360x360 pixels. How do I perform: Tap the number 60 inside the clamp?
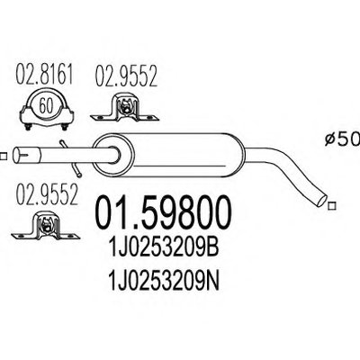coord(46,105)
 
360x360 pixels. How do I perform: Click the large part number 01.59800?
coord(164,213)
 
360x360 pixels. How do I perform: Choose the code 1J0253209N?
coord(165,280)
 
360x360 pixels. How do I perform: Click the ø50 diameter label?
coord(343,139)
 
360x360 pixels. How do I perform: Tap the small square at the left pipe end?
coord(3,157)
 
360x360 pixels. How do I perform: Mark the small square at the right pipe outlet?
coord(331,206)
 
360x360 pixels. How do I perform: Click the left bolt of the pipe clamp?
coord(28,127)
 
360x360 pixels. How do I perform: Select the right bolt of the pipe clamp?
coord(64,127)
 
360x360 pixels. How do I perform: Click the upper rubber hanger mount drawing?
coord(125,107)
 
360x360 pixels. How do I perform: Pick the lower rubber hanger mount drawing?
coord(46,226)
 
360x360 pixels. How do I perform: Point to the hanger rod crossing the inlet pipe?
coord(71,158)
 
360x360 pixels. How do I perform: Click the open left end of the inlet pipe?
coord(17,155)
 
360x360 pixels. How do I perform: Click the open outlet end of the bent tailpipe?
coord(321,200)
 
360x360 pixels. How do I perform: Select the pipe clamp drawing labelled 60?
coord(47,110)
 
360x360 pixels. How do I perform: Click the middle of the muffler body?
coord(169,156)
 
